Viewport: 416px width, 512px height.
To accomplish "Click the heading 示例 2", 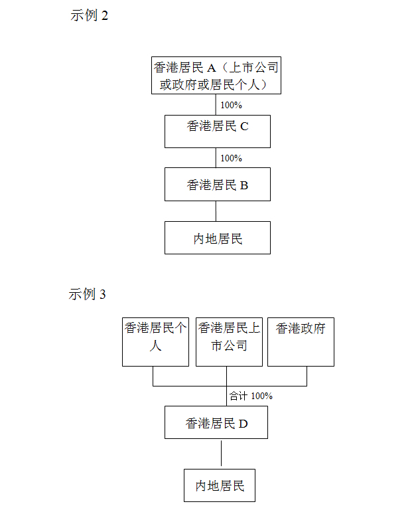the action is (x=89, y=15).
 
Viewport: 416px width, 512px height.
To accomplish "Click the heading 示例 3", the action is (x=87, y=294).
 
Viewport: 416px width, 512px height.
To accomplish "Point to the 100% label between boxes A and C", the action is (x=231, y=105).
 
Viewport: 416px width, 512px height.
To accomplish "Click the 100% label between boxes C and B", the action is (x=231, y=158).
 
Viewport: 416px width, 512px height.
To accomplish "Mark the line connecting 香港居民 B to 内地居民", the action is (x=216, y=211).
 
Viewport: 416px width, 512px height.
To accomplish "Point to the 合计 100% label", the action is (x=251, y=396).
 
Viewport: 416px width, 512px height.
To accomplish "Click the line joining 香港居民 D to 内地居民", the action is (x=221, y=454).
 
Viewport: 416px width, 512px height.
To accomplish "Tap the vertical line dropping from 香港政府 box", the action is (x=307, y=376).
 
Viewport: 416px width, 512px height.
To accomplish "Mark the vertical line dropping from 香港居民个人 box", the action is (x=153, y=376).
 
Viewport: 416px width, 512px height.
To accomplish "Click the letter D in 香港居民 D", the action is (x=243, y=424).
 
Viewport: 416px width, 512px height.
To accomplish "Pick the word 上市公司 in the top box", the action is (x=254, y=68).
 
